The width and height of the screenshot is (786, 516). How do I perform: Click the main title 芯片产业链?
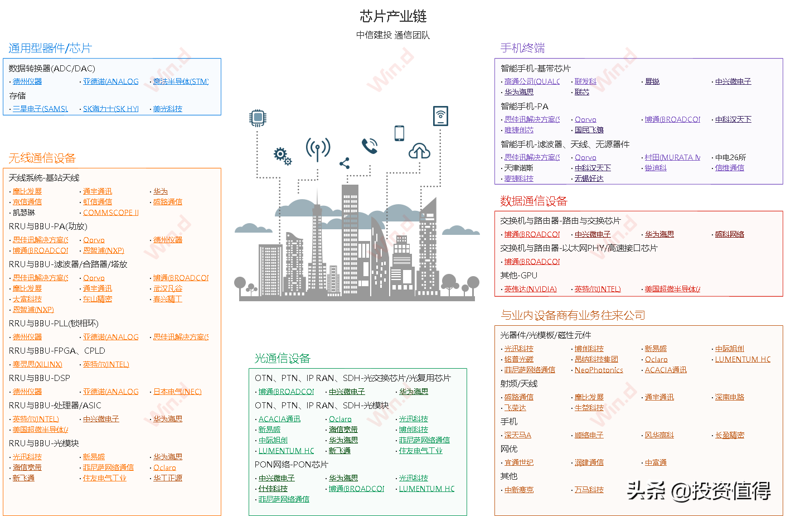pyautogui.click(x=393, y=16)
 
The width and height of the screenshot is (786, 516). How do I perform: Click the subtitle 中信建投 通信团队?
pyautogui.click(x=393, y=35)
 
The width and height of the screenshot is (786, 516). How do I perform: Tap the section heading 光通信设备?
pyautogui.click(x=282, y=359)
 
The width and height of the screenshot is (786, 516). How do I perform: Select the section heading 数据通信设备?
pyautogui.click(x=533, y=201)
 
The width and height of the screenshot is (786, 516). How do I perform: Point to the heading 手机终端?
pyautogui.click(x=522, y=49)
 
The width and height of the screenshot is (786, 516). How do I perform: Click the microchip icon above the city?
pyautogui.click(x=258, y=118)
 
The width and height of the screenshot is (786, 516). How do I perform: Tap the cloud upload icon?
pyautogui.click(x=419, y=151)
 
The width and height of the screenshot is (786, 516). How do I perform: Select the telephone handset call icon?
pyautogui.click(x=370, y=146)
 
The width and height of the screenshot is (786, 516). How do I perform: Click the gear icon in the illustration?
pyautogui.click(x=282, y=156)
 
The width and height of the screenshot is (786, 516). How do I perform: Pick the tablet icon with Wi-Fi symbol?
pyautogui.click(x=440, y=115)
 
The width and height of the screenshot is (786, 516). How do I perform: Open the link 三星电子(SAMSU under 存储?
pyautogui.click(x=40, y=109)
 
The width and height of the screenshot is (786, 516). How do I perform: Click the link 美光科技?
pyautogui.click(x=167, y=109)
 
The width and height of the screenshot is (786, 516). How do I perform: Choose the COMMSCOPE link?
pyautogui.click(x=110, y=213)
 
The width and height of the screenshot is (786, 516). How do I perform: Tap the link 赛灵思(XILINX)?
pyautogui.click(x=37, y=365)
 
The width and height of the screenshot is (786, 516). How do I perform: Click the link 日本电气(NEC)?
pyautogui.click(x=177, y=392)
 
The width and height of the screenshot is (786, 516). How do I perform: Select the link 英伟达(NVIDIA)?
pyautogui.click(x=530, y=290)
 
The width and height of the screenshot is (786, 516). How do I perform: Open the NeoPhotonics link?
pyautogui.click(x=599, y=370)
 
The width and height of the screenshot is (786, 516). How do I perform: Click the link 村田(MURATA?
pyautogui.click(x=672, y=158)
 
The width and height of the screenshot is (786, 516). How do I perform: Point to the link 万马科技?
pyautogui.click(x=589, y=490)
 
